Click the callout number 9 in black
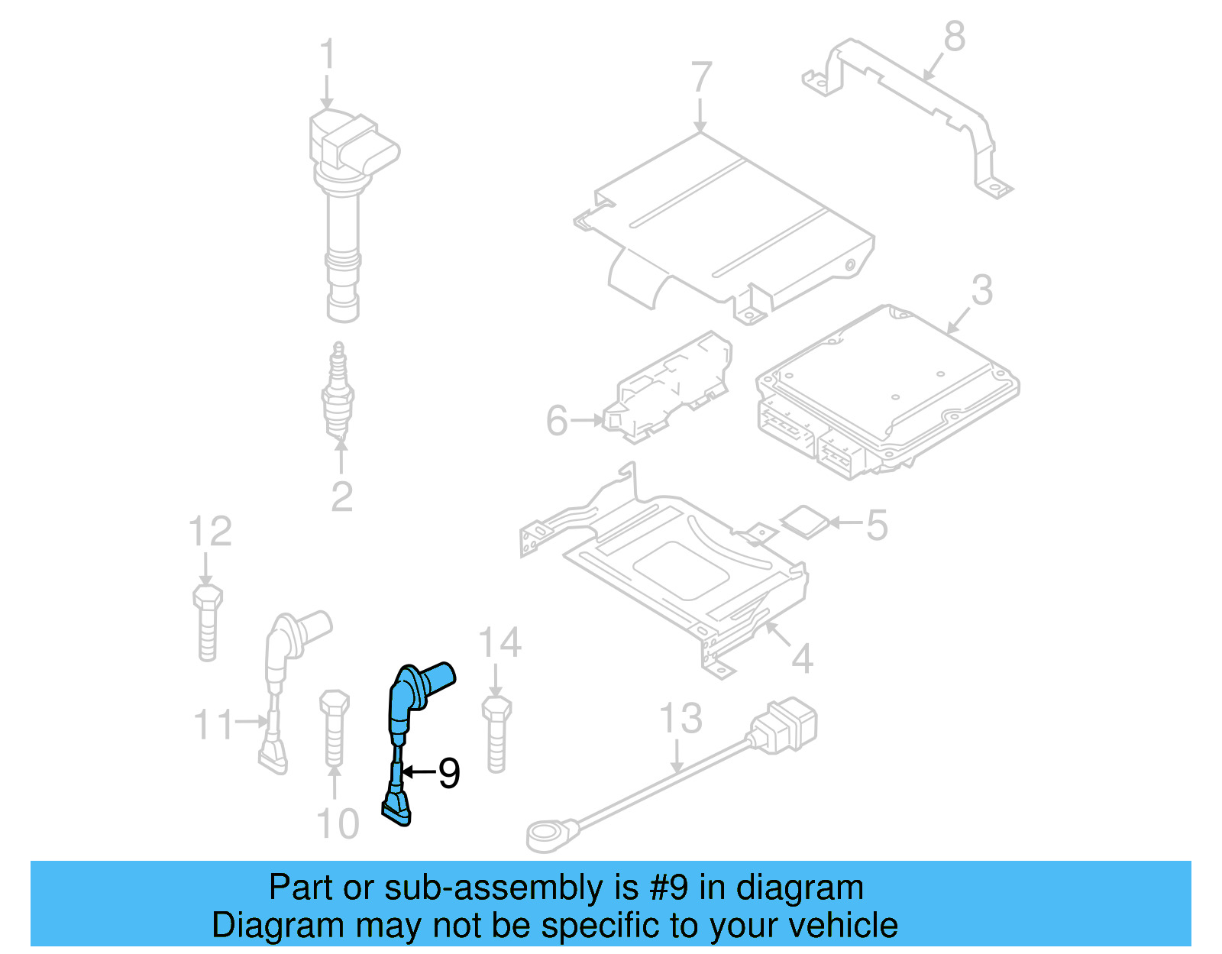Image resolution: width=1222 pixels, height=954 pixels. pos(449,773)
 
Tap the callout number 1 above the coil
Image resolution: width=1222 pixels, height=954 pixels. pos(327,55)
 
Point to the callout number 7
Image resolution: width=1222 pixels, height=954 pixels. pos(701,78)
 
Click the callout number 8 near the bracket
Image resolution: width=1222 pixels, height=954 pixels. pos(955,37)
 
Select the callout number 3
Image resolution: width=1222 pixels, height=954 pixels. pos(982,290)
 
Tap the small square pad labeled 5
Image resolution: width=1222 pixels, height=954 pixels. pos(804,522)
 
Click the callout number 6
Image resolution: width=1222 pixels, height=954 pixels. pos(557,421)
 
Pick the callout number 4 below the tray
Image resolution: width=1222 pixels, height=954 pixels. pos(801,658)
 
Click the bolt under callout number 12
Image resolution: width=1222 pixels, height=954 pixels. pos(207,622)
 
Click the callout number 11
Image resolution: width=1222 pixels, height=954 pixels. pos(213,723)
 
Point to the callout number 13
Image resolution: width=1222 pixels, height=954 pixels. pos(680,719)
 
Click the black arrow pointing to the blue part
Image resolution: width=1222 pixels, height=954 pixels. pos(419,772)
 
